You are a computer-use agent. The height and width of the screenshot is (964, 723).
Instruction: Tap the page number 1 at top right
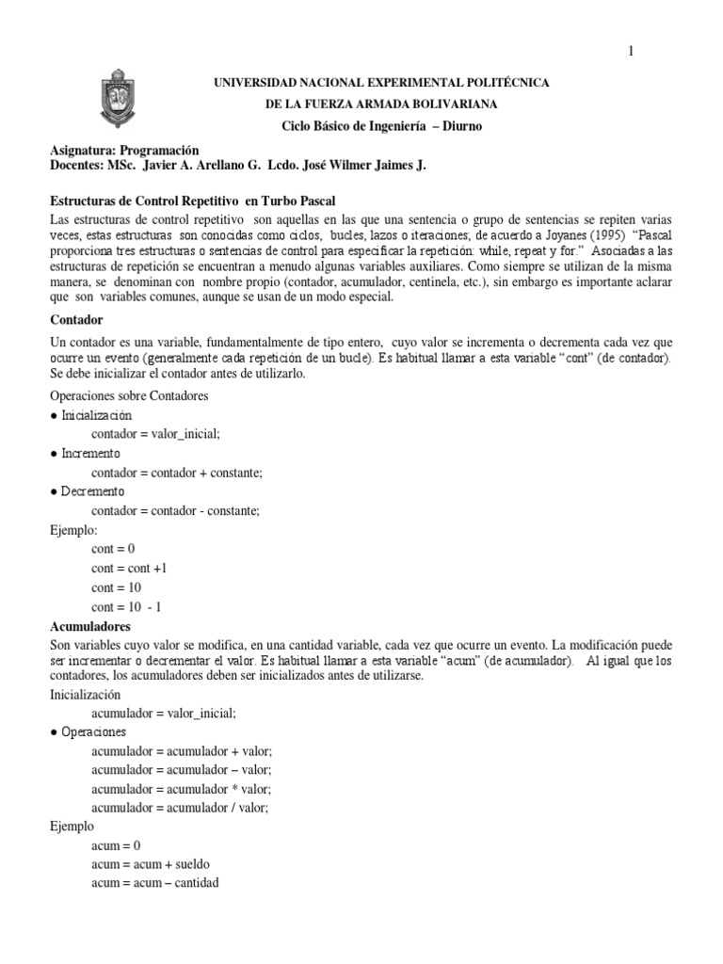tap(632, 52)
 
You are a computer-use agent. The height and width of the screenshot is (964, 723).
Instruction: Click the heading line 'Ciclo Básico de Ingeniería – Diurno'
tap(381, 126)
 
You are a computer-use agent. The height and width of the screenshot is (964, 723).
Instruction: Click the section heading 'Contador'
tap(76, 320)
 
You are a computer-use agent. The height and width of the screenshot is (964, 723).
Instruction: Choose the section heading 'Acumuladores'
tap(90, 626)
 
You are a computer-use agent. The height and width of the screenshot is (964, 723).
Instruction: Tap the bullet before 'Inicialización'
tap(54, 415)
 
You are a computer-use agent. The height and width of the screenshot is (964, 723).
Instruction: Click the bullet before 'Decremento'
tap(54, 491)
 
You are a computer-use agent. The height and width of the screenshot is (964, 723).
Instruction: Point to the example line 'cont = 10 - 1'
tap(126, 607)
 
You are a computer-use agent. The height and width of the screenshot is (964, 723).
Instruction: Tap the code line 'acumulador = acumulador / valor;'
tap(180, 808)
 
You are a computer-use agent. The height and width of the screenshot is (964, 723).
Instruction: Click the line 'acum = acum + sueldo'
tap(151, 864)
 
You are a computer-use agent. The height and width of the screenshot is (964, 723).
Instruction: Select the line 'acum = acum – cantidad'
tap(154, 883)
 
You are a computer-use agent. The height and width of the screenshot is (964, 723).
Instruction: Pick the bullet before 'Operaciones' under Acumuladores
tap(54, 731)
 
